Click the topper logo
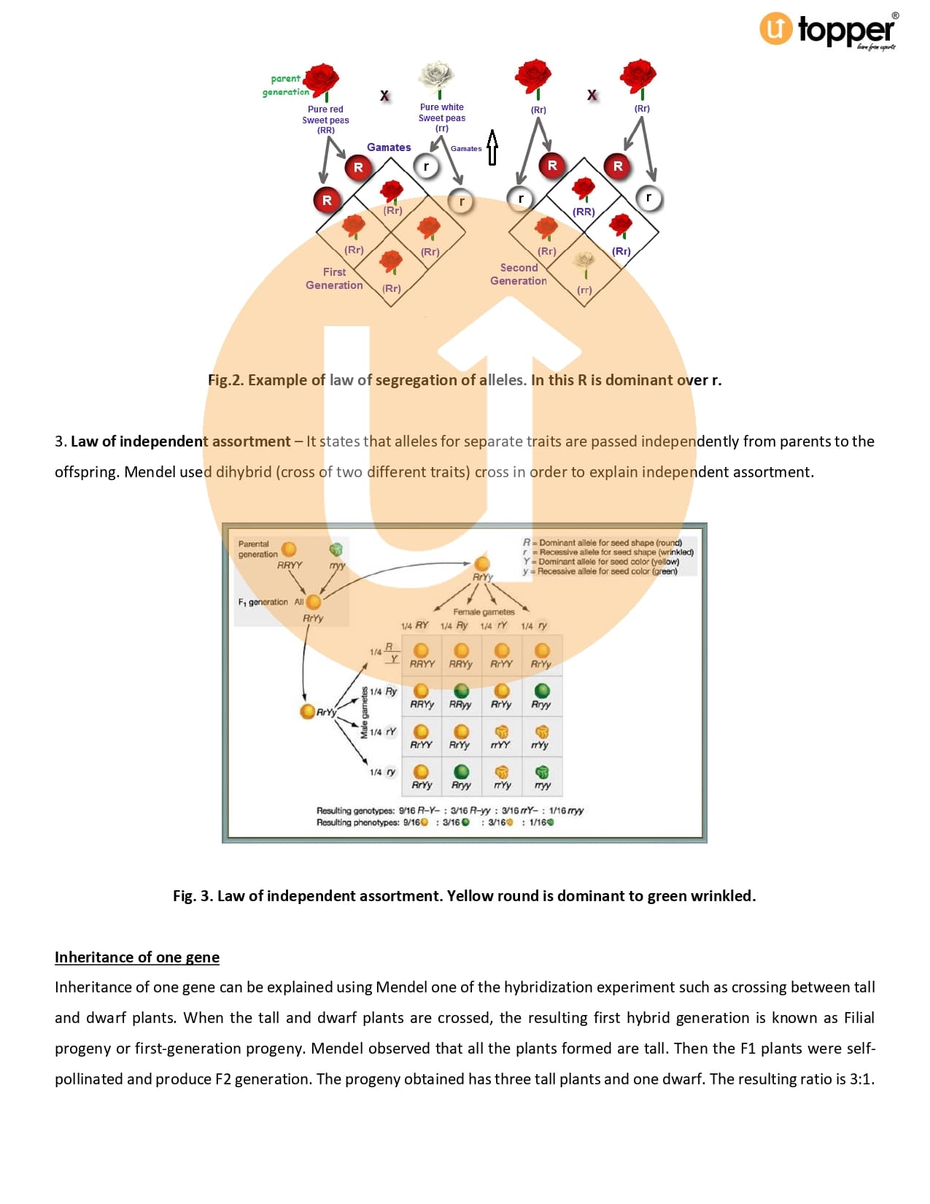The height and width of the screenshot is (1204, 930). pyautogui.click(x=828, y=31)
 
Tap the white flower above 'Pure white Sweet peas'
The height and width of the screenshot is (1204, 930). pyautogui.click(x=437, y=75)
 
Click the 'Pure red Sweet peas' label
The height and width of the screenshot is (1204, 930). pyautogui.click(x=325, y=115)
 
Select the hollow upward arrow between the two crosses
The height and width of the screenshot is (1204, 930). pyautogui.click(x=492, y=147)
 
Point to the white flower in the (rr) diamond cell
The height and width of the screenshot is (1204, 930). pyautogui.click(x=584, y=263)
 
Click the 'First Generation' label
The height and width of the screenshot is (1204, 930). pyautogui.click(x=334, y=278)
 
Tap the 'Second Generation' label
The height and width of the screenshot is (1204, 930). pyautogui.click(x=519, y=274)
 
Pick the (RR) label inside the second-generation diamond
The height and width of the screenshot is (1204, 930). pyautogui.click(x=584, y=212)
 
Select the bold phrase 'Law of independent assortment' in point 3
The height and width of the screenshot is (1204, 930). pyautogui.click(x=180, y=441)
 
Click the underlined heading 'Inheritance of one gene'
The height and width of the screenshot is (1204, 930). pyautogui.click(x=137, y=957)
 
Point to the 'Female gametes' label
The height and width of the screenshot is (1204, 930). pyautogui.click(x=484, y=611)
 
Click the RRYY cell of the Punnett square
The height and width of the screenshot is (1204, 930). pyautogui.click(x=422, y=655)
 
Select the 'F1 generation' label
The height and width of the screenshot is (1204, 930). pyautogui.click(x=263, y=602)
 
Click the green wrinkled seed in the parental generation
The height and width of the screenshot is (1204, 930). pyautogui.click(x=336, y=549)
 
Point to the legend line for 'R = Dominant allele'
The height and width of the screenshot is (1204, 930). pyautogui.click(x=602, y=542)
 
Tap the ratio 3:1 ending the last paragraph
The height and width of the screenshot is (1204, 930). pyautogui.click(x=861, y=1079)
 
